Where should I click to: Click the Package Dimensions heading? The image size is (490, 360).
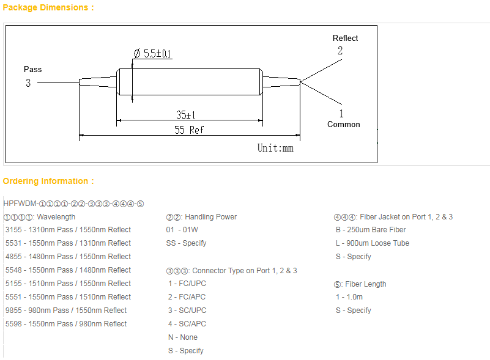pos(48,8)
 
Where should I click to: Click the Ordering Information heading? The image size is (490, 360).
pos(48,181)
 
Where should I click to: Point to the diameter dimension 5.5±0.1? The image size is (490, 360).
pos(152,54)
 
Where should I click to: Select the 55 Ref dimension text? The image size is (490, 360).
pos(189,130)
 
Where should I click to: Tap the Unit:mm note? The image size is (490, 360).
pos(275,148)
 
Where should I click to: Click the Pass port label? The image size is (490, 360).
pos(33,69)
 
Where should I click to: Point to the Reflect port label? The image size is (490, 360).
pos(345,38)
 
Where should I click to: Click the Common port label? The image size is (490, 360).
pos(343,124)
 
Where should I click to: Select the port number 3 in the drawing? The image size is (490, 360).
pos(28,83)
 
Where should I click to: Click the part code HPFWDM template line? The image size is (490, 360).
pos(73,204)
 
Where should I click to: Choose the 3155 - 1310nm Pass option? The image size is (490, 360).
pos(68,230)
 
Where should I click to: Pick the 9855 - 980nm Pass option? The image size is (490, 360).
pos(66,310)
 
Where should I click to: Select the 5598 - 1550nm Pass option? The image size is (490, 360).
pos(66,324)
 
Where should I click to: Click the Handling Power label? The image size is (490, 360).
pos(201,217)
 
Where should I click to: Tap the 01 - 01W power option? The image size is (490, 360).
pos(182,230)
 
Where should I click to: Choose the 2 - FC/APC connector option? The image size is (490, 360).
pos(187,297)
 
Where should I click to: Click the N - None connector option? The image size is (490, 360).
pos(183,337)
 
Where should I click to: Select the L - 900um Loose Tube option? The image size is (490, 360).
pos(372,243)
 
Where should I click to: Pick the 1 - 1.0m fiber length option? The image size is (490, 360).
pos(349,297)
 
